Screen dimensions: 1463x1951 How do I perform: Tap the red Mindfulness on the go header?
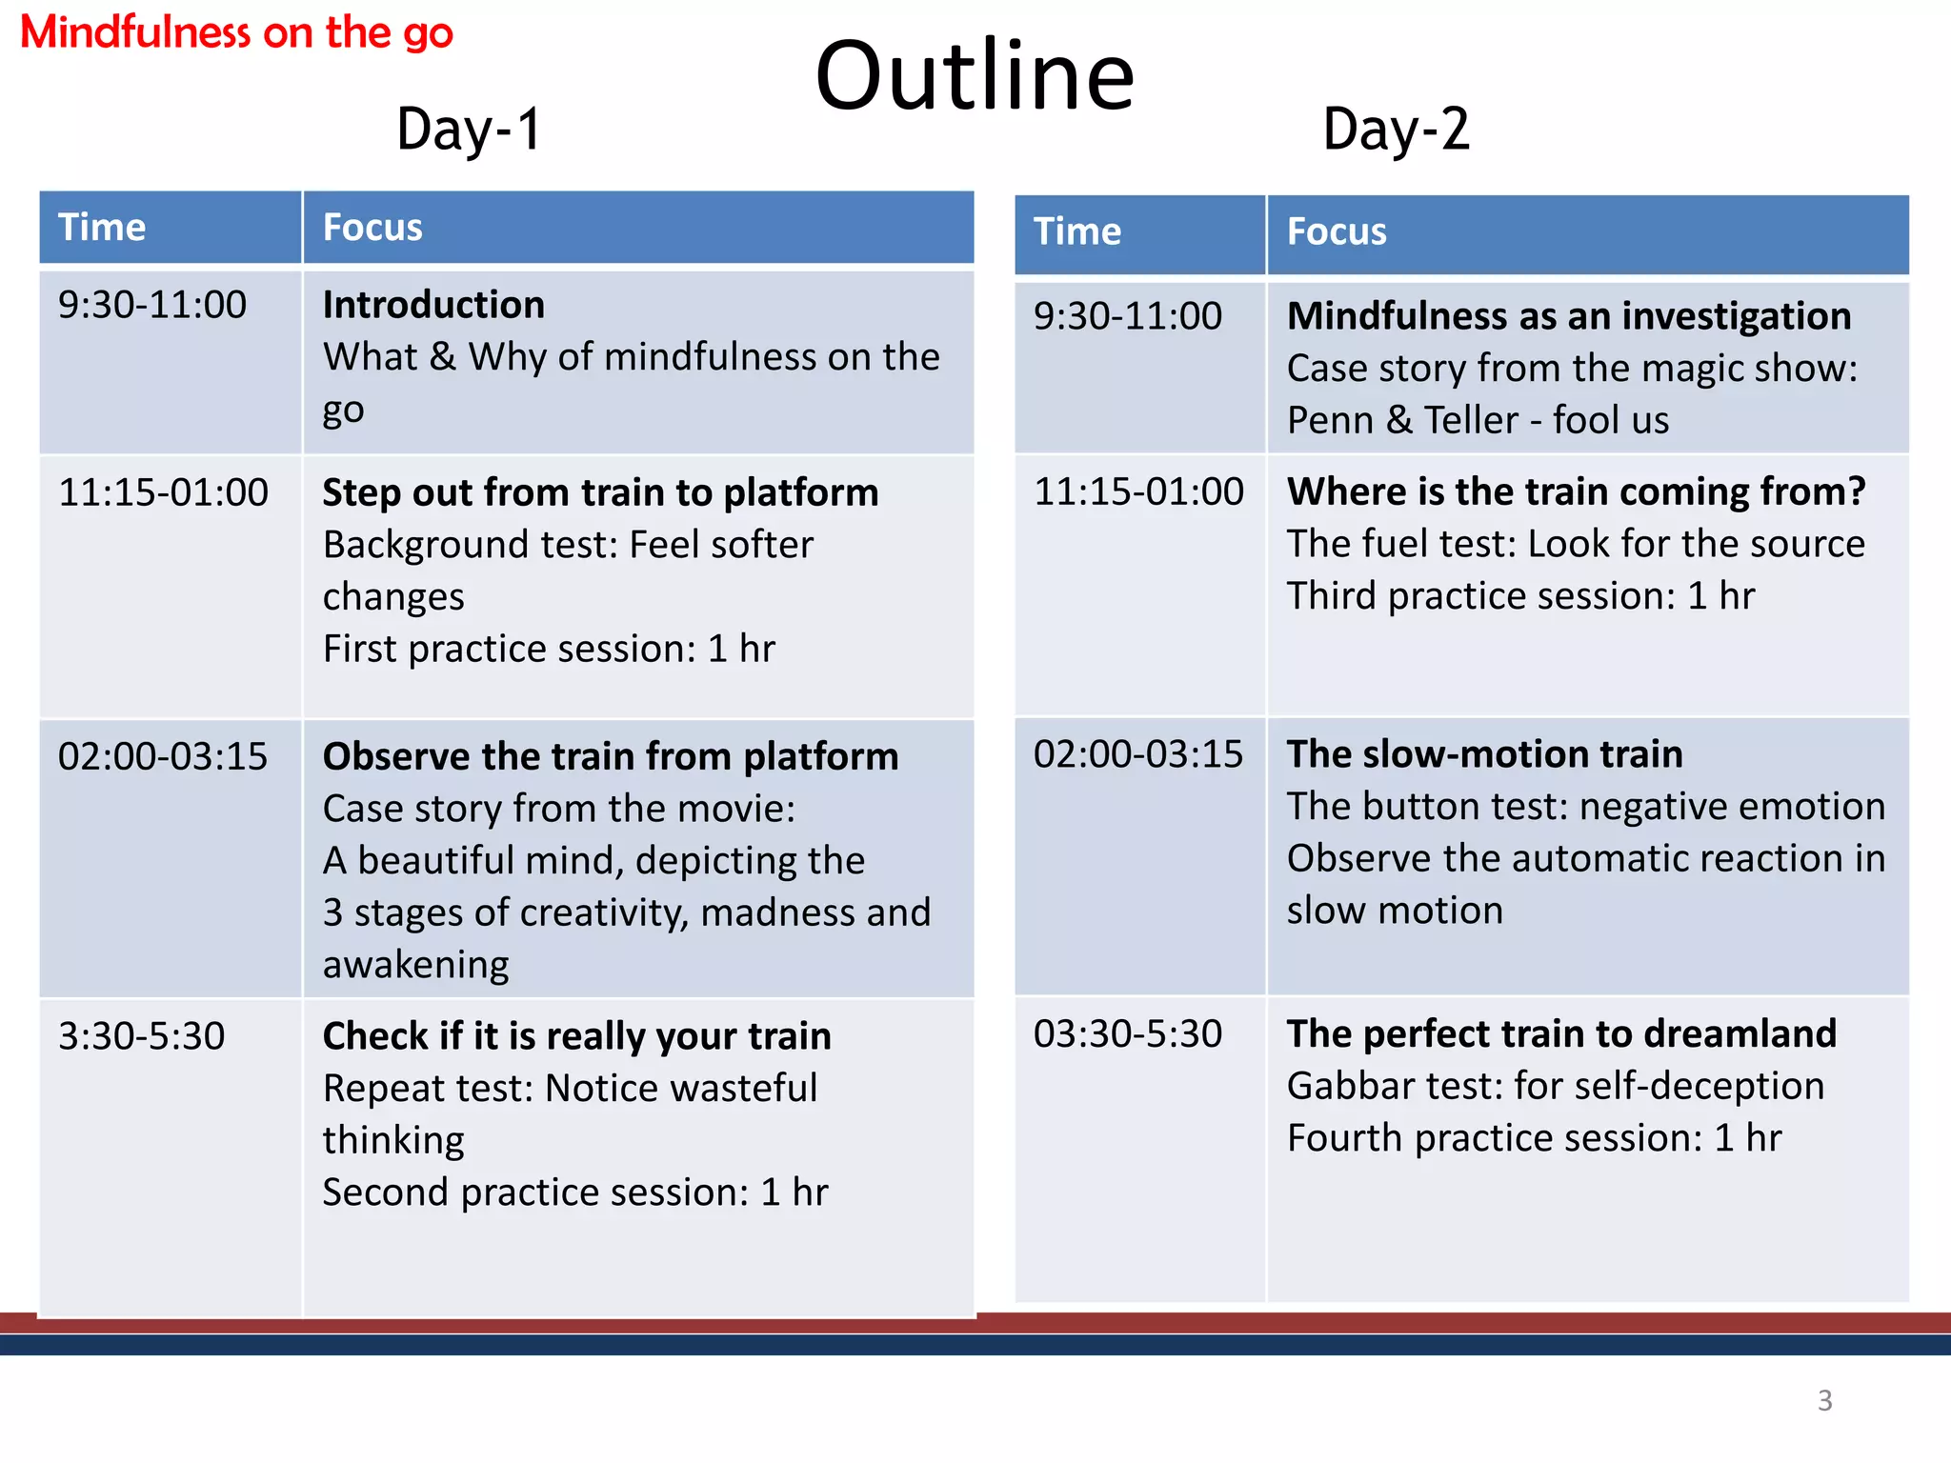coord(236,32)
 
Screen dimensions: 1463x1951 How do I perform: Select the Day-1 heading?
coord(469,130)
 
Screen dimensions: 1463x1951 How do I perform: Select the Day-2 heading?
coord(1396,130)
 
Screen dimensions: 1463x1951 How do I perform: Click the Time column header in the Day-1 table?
coord(102,228)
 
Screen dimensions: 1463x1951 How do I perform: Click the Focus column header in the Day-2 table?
coord(1336,232)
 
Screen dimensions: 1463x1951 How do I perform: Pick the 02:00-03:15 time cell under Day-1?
coord(163,756)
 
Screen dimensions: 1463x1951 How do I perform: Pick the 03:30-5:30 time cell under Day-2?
coord(1128,1033)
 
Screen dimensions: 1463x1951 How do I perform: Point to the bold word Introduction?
coord(433,305)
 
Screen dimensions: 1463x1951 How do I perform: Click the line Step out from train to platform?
coord(600,492)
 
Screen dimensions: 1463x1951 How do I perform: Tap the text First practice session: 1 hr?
coord(549,649)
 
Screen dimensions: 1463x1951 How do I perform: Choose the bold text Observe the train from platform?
coord(610,756)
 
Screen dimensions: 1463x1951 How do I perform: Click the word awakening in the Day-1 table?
coord(416,965)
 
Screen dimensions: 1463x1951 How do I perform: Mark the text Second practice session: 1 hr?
coord(575,1192)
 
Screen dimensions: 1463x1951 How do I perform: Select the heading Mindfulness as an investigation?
coord(1569,316)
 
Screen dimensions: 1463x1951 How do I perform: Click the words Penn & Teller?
coord(1402,420)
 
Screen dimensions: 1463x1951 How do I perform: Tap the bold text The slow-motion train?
coord(1484,754)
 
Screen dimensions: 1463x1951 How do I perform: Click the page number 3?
coord(1824,1400)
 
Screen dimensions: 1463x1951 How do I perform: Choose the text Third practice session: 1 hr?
coord(1520,596)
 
